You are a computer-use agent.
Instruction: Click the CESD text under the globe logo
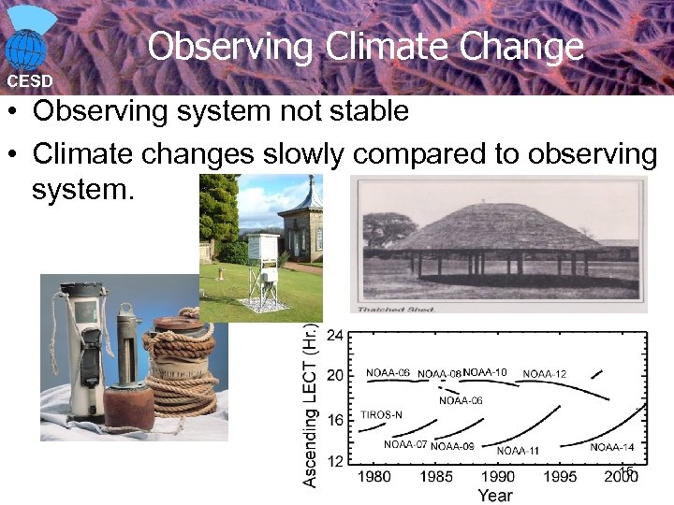point(30,81)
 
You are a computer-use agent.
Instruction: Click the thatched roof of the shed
point(495,229)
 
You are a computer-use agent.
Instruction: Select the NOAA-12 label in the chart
point(544,374)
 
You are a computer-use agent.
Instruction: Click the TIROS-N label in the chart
point(382,414)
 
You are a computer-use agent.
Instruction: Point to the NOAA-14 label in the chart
point(611,447)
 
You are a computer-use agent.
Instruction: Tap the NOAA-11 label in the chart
point(518,451)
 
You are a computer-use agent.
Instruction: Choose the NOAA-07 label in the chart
point(405,444)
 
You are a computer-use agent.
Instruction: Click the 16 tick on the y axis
point(334,419)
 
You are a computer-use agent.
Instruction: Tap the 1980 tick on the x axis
point(374,477)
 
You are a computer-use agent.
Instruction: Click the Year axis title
point(495,495)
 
